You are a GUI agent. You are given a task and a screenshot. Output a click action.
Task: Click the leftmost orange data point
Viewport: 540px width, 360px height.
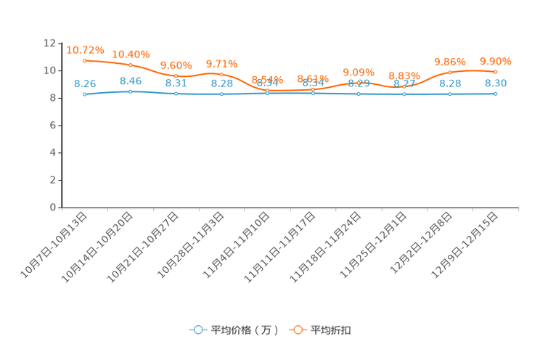pos(85,60)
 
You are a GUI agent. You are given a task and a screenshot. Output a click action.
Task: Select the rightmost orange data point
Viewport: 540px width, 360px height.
pos(495,71)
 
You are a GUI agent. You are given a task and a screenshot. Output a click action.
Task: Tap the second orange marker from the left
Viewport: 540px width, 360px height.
pos(131,65)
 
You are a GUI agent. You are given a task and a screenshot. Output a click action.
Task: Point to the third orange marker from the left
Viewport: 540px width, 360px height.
pos(176,75)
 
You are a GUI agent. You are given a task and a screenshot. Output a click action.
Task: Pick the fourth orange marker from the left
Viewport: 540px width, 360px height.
pos(221,73)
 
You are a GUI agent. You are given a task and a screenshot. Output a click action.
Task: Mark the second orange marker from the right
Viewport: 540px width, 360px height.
pos(450,72)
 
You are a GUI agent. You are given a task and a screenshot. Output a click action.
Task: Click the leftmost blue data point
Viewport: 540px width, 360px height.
pos(85,95)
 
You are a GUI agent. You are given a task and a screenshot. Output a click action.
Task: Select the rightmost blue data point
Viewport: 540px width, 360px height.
pos(495,94)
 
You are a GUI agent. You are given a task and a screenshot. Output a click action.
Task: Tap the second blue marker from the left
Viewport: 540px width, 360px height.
pos(131,92)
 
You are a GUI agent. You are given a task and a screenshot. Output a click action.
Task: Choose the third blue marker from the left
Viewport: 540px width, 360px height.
pos(176,94)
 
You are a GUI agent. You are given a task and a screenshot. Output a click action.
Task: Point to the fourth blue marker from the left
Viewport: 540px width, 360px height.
pos(221,94)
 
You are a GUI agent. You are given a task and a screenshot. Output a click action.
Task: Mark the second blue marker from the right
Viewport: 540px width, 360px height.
pos(450,94)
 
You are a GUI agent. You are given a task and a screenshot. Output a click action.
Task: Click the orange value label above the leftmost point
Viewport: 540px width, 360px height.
pos(85,50)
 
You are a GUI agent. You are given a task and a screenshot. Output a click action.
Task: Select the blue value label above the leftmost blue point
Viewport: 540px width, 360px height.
pos(85,83)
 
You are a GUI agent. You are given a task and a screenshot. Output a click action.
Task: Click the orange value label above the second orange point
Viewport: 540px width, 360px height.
pos(131,54)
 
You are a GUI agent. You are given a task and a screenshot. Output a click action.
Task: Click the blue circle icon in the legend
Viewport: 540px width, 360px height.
pos(197,330)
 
